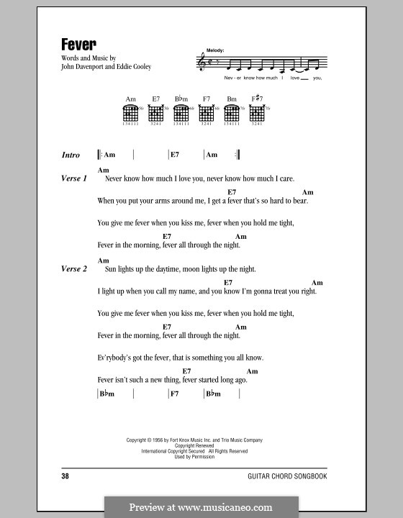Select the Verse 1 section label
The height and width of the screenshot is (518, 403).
point(74,178)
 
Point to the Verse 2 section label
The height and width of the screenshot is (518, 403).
point(74,268)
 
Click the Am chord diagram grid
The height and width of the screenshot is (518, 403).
point(130,114)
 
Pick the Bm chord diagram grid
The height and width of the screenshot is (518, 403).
point(231,114)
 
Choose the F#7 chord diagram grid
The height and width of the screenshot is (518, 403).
point(257,114)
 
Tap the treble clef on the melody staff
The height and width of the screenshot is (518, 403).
point(201,63)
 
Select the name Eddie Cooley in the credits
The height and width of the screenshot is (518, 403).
point(135,68)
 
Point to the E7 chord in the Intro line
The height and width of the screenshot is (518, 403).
point(174,155)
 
